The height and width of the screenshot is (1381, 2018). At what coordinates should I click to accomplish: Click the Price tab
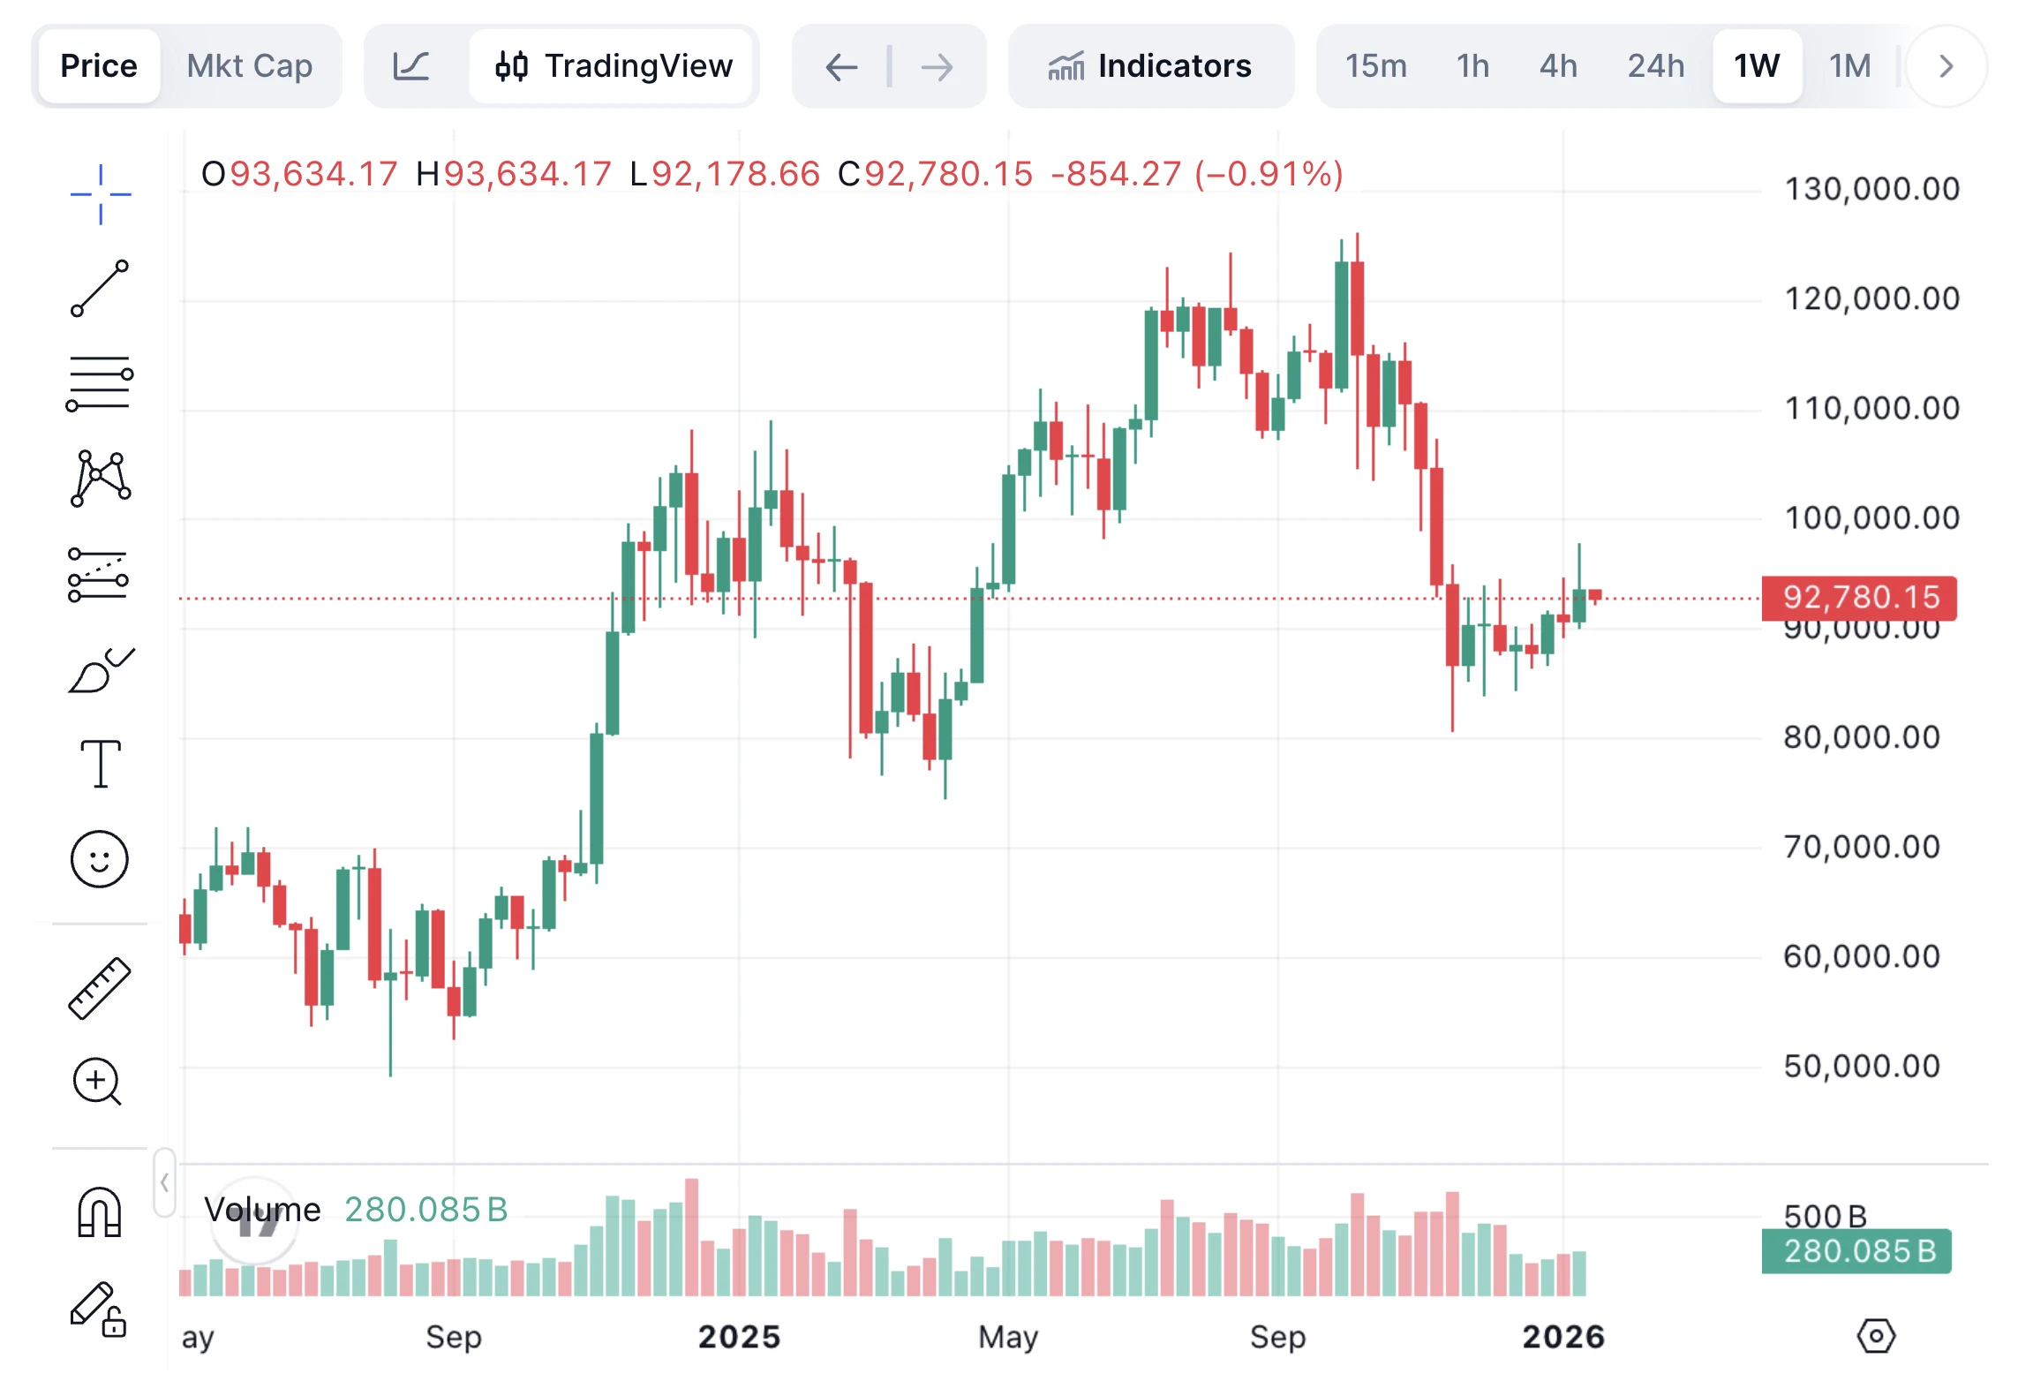99,66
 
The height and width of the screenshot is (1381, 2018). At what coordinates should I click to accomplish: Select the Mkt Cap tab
250,66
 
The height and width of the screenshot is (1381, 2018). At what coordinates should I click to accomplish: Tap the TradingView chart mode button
614,66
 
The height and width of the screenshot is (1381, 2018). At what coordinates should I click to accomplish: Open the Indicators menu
1150,66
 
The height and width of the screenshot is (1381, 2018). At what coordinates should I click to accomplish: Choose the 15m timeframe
1375,66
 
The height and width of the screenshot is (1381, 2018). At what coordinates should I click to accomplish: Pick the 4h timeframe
1558,66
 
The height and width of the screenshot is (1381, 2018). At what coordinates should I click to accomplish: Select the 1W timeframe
1756,66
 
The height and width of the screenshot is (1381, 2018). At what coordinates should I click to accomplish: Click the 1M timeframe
1849,66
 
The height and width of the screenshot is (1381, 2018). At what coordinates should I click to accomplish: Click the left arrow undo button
841,66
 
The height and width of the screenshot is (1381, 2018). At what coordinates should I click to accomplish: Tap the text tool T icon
101,764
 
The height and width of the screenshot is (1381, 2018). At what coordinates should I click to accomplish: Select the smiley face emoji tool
100,859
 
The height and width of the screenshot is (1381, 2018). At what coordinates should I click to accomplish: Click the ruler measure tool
100,988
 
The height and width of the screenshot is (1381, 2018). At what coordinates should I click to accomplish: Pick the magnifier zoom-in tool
97,1082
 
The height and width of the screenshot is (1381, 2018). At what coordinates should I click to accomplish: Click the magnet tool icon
100,1212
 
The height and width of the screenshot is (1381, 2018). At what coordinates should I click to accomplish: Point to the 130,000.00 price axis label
1871,189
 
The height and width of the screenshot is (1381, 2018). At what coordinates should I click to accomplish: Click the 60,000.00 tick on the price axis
1861,956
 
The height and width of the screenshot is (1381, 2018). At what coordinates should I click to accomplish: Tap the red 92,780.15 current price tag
1859,598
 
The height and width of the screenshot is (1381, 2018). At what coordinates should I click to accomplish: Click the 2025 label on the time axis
739,1337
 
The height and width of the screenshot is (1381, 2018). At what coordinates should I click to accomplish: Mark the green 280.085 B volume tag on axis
1856,1251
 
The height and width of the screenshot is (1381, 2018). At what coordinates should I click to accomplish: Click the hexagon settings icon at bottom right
1876,1336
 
